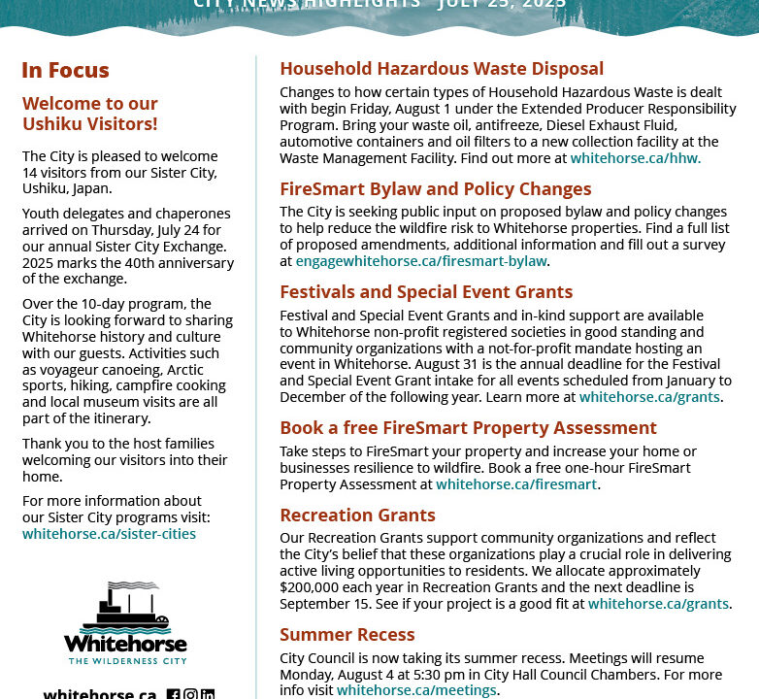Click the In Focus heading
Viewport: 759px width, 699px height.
click(x=65, y=70)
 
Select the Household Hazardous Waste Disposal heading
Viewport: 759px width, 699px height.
click(x=442, y=69)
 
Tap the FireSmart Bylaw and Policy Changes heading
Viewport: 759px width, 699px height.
click(x=435, y=189)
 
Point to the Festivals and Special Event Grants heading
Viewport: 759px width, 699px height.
click(x=426, y=292)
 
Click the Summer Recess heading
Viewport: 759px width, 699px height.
click(x=347, y=635)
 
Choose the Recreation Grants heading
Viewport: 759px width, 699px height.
click(x=357, y=516)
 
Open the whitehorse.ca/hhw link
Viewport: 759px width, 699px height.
click(x=634, y=158)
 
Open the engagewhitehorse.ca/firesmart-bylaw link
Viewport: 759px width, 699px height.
click(x=421, y=261)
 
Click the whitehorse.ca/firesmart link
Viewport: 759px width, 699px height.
click(x=516, y=484)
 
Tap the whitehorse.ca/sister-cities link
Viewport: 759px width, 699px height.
click(x=109, y=534)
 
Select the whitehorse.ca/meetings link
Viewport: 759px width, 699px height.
click(x=416, y=690)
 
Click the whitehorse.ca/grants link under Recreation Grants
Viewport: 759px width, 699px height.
click(x=658, y=604)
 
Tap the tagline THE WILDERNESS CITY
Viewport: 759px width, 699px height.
click(x=126, y=661)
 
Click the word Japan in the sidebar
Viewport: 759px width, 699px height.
click(x=91, y=189)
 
